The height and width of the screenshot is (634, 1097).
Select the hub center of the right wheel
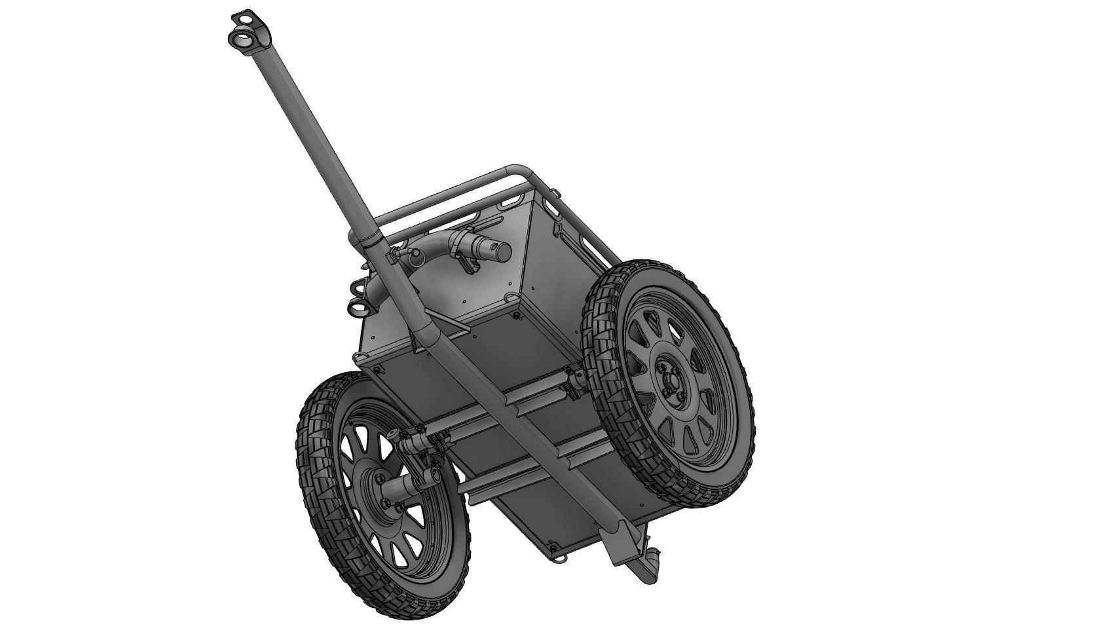click(669, 384)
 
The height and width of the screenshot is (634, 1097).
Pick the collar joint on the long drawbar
click(368, 240)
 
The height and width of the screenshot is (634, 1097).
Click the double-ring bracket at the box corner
click(358, 297)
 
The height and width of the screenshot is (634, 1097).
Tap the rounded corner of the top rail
click(517, 170)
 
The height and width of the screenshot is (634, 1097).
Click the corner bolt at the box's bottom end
click(551, 547)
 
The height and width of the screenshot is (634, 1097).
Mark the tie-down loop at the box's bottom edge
click(561, 558)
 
